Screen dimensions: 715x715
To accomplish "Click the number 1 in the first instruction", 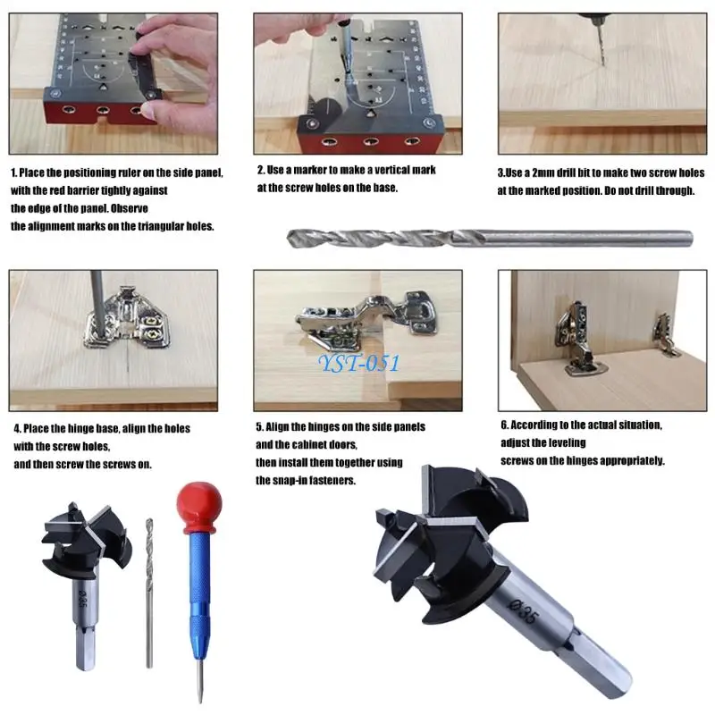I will click(13, 172).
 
